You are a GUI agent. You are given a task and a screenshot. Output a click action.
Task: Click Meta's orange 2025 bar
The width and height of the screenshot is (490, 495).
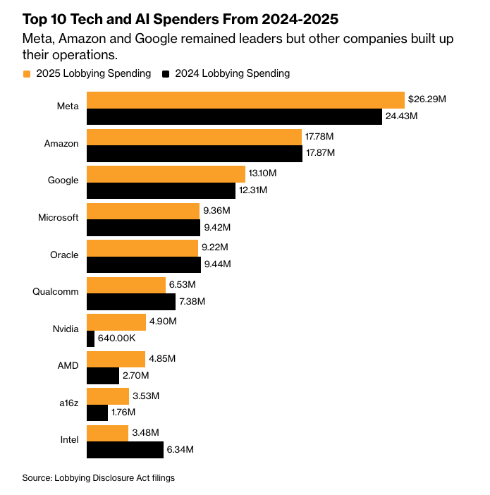245,99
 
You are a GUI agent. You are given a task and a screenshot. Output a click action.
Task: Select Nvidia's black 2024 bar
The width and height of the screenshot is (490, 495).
90,338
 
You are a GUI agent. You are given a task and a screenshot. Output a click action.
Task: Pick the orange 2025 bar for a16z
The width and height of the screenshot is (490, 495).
107,396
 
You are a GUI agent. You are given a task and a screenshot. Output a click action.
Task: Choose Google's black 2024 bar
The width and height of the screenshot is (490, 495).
161,190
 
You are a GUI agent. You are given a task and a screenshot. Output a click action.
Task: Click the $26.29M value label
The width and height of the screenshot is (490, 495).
428,100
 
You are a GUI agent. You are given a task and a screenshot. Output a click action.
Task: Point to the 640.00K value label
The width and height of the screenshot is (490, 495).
120,338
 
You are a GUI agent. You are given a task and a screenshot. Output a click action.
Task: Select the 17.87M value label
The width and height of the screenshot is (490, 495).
321,153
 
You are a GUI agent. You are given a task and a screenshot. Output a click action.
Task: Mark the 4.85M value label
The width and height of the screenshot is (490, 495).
161,358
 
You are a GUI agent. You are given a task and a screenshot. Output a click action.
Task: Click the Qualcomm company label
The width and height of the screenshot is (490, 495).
56,291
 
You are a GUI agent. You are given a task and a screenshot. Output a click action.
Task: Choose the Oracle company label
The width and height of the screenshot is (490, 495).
64,255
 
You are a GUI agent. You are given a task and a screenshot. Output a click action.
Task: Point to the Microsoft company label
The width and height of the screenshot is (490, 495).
58,217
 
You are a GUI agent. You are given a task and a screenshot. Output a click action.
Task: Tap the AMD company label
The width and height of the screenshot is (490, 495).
68,365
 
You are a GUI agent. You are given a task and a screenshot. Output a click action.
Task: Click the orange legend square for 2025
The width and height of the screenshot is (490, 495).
27,73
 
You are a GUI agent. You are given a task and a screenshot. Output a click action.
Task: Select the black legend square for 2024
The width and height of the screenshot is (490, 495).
166,73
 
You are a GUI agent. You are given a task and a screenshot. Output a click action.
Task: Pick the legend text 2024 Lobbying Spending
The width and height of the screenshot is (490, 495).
232,73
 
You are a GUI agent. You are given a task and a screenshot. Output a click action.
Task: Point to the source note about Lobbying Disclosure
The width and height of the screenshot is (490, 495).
98,477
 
